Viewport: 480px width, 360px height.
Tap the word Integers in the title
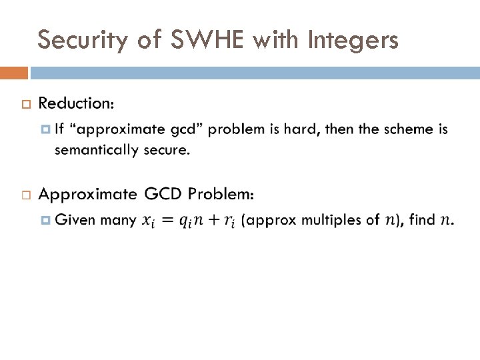[353, 41]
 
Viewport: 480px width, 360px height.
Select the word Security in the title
[81, 41]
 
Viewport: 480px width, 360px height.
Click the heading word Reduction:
[76, 103]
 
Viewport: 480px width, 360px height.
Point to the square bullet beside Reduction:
[25, 105]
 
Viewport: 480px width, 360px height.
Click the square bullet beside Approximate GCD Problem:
[25, 195]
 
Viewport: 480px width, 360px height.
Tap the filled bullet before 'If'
[45, 129]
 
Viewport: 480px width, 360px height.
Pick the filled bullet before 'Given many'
[45, 219]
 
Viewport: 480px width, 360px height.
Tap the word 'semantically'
[95, 149]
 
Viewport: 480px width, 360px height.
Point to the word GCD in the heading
[163, 194]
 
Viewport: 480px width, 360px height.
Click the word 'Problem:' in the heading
[221, 194]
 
